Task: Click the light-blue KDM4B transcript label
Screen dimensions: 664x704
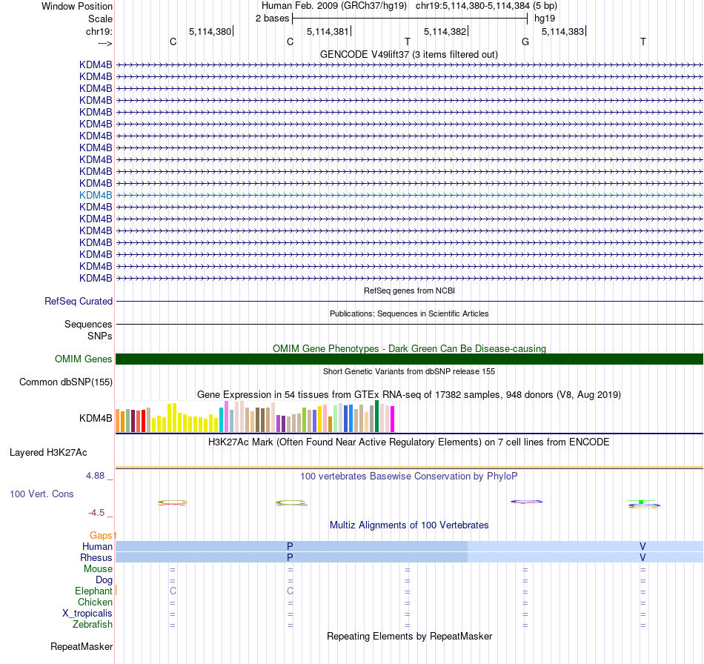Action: (96, 195)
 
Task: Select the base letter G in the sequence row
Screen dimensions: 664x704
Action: (525, 41)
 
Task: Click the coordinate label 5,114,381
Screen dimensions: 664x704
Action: (328, 31)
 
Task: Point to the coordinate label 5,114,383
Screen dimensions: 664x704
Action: (562, 31)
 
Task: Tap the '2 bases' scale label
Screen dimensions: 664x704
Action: (272, 18)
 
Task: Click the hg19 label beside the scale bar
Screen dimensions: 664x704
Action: (545, 18)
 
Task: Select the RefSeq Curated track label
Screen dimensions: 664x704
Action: (79, 302)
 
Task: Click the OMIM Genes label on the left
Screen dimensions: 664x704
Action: (84, 359)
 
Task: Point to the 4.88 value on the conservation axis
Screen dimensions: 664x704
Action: (99, 476)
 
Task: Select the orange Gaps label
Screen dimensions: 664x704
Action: (102, 535)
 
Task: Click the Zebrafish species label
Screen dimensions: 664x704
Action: (93, 625)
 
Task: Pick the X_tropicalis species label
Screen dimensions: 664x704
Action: (87, 614)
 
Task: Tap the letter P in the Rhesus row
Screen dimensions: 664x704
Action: (290, 557)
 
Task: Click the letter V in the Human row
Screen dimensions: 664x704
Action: (642, 546)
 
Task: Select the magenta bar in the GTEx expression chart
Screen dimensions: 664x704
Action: (392, 419)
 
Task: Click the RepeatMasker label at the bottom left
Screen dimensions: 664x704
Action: (82, 647)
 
